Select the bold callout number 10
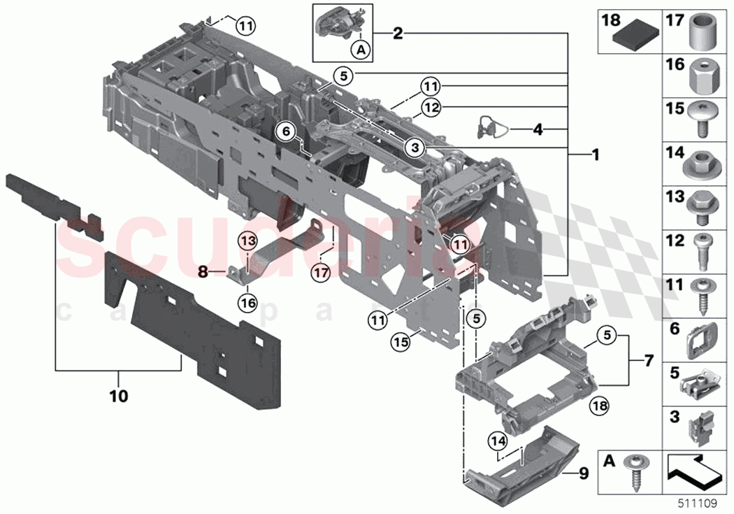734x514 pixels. (118, 396)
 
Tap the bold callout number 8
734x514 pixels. (202, 269)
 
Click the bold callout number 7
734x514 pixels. (647, 362)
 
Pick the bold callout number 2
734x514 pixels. (397, 33)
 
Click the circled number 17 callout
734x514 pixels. (320, 273)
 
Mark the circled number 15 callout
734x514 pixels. (399, 342)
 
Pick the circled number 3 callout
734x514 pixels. (415, 148)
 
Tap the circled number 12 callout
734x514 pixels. (431, 107)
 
